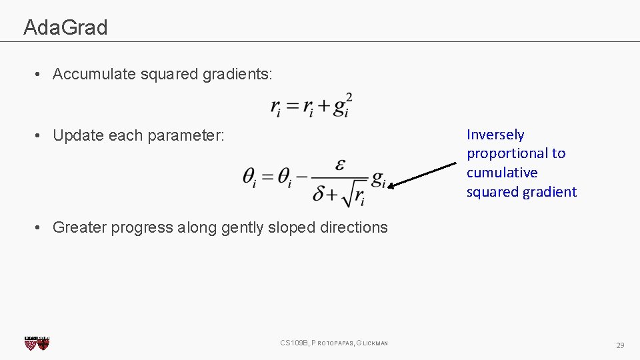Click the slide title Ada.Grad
point(65,27)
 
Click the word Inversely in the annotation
point(495,135)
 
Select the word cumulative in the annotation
point(502,173)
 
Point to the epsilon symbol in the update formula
point(341,164)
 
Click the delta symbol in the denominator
point(319,194)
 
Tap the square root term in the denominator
point(353,194)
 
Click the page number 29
point(620,345)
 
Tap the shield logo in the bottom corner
point(37,343)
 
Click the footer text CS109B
point(293,343)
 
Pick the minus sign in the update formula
point(301,177)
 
